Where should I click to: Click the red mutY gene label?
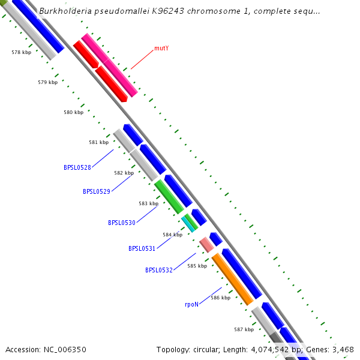[161, 47]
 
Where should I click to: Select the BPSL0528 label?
[77, 167]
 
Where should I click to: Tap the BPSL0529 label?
[96, 191]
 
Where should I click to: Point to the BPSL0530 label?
[122, 223]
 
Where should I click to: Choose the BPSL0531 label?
[142, 248]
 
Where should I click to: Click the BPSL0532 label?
[159, 270]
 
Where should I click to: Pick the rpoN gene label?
[191, 304]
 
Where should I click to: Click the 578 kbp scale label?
[21, 53]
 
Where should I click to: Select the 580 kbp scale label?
[73, 112]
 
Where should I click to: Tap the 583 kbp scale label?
[148, 203]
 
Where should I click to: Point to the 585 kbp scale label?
[197, 266]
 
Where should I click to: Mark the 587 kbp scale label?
[244, 329]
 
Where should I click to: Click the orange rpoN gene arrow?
[232, 280]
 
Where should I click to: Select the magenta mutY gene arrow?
[110, 65]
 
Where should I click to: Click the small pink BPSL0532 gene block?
[206, 244]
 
